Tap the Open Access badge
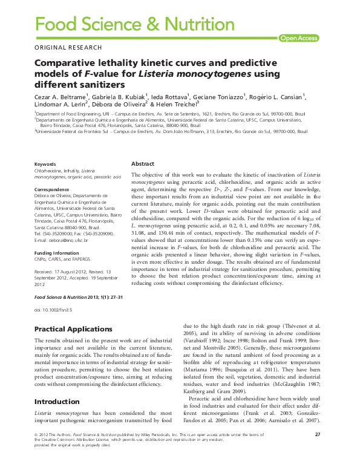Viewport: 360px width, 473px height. pyautogui.click(x=298, y=38)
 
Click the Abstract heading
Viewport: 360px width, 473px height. pyautogui.click(x=143, y=164)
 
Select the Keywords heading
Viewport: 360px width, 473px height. pyautogui.click(x=45, y=165)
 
